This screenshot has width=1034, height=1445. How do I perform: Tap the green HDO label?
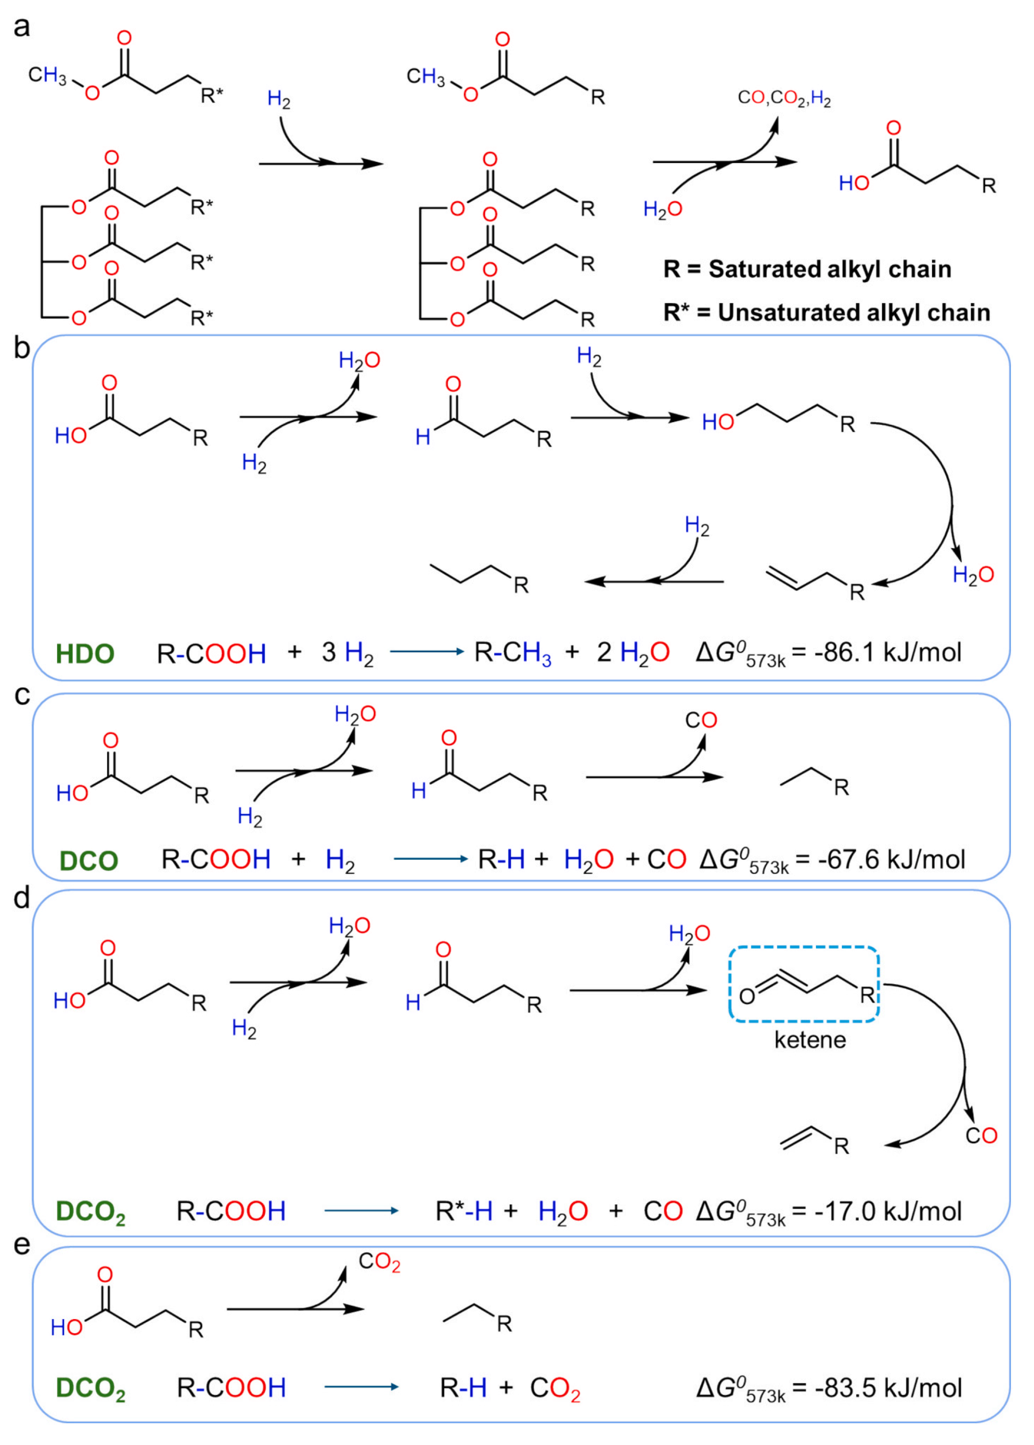coord(84,654)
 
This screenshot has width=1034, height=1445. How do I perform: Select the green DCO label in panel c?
coord(89,861)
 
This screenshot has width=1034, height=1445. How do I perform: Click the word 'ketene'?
coord(810,1040)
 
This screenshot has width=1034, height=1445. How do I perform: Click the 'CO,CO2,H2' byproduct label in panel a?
coord(784,99)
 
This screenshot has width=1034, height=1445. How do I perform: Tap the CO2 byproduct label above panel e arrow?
coord(379,1262)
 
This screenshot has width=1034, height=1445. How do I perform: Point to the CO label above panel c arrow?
coord(701,720)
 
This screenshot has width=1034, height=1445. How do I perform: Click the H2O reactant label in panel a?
coord(662,209)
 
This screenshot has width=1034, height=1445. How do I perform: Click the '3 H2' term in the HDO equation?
coord(347,654)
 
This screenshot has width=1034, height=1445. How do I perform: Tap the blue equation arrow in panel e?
coord(361,1388)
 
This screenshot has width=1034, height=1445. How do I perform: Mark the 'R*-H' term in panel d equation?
coord(463,1212)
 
